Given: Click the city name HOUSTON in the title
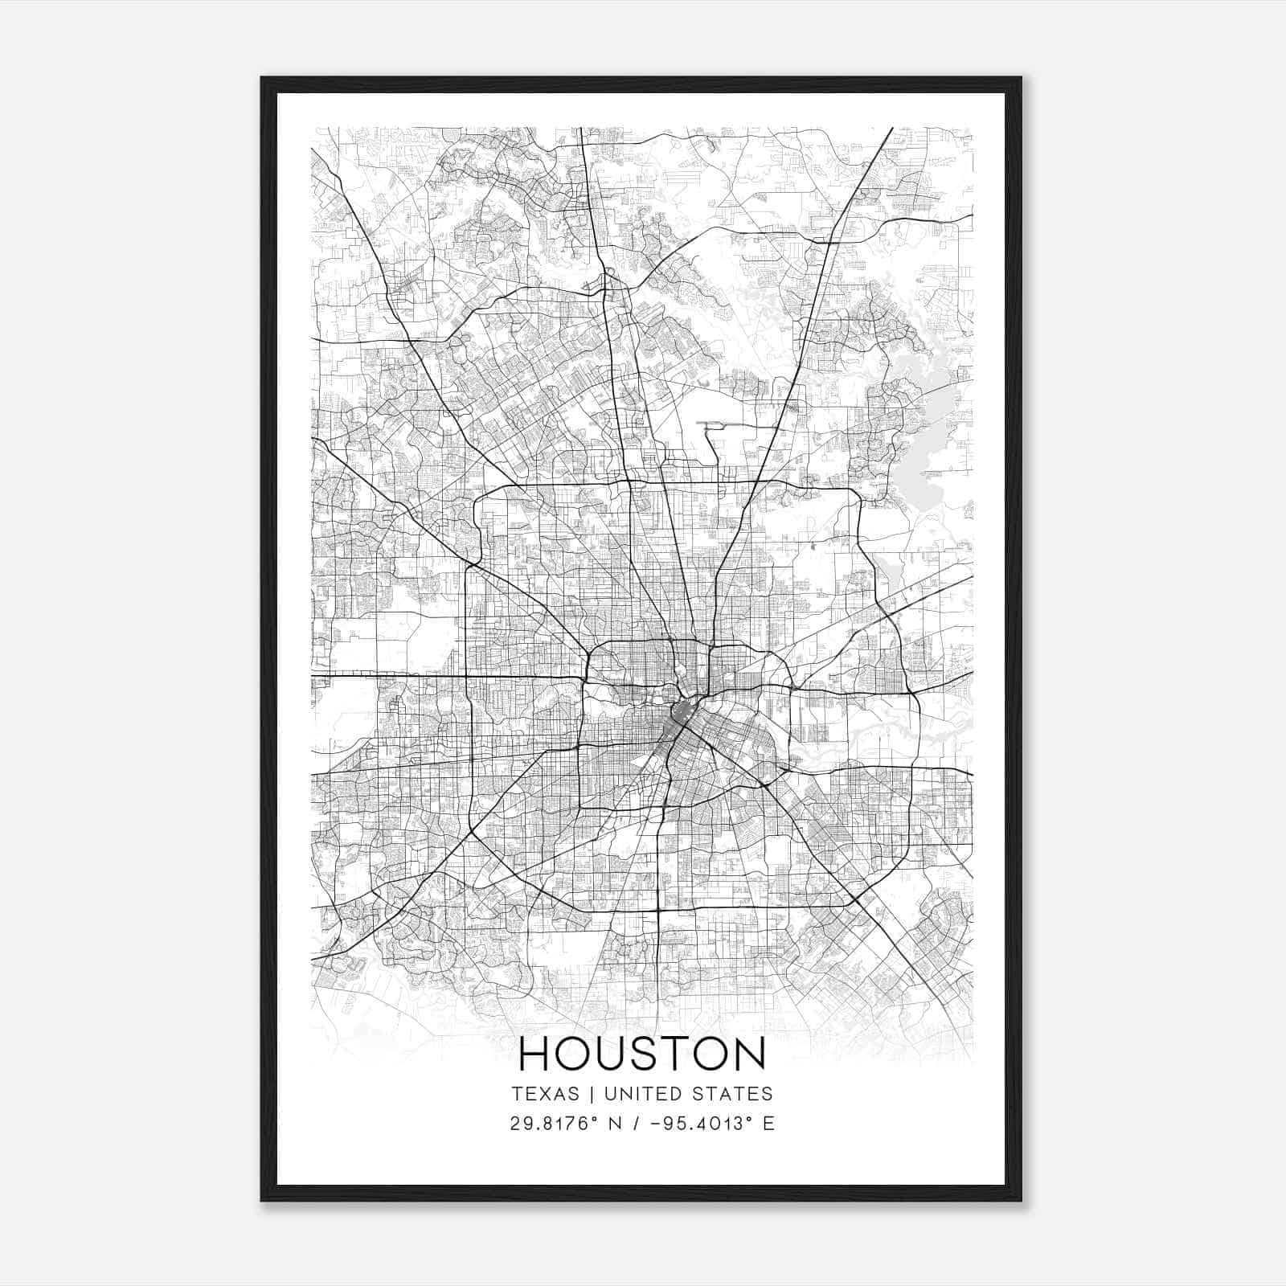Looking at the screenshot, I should [642, 1054].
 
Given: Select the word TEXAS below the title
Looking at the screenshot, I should [545, 1094].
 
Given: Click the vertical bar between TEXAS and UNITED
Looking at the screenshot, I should [592, 1094].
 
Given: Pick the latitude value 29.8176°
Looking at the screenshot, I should [555, 1124].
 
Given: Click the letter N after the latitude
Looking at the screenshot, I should [615, 1124].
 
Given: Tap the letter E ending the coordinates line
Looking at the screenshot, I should [769, 1124].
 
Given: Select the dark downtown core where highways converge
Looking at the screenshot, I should [683, 715].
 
